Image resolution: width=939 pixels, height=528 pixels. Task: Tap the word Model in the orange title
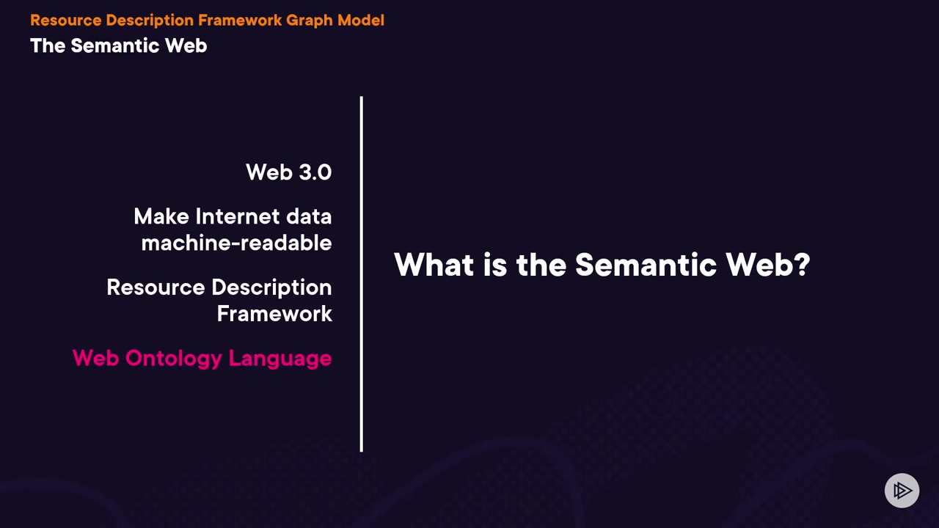pos(361,20)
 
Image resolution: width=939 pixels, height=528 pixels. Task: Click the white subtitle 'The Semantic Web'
pos(119,45)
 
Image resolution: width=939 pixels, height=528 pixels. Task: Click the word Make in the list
pos(161,216)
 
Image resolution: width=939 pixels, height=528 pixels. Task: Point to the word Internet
pos(238,216)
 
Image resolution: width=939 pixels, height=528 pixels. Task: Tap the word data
pos(309,216)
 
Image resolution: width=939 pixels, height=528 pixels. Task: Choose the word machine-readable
pos(236,243)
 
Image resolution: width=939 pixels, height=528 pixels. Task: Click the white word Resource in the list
pos(156,287)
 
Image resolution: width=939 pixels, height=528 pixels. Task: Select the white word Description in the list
pos(271,288)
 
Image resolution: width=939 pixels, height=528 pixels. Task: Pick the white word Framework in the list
pos(274,313)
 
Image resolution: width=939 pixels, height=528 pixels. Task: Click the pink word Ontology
pos(174,359)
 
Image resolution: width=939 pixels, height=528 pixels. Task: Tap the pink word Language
pos(280,359)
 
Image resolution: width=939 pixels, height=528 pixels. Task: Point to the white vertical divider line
pos(362,274)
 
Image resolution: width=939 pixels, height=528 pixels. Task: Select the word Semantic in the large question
pos(646,265)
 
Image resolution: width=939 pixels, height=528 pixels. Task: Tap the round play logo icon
pos(902,491)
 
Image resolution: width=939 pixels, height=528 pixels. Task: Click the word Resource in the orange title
pos(66,20)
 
